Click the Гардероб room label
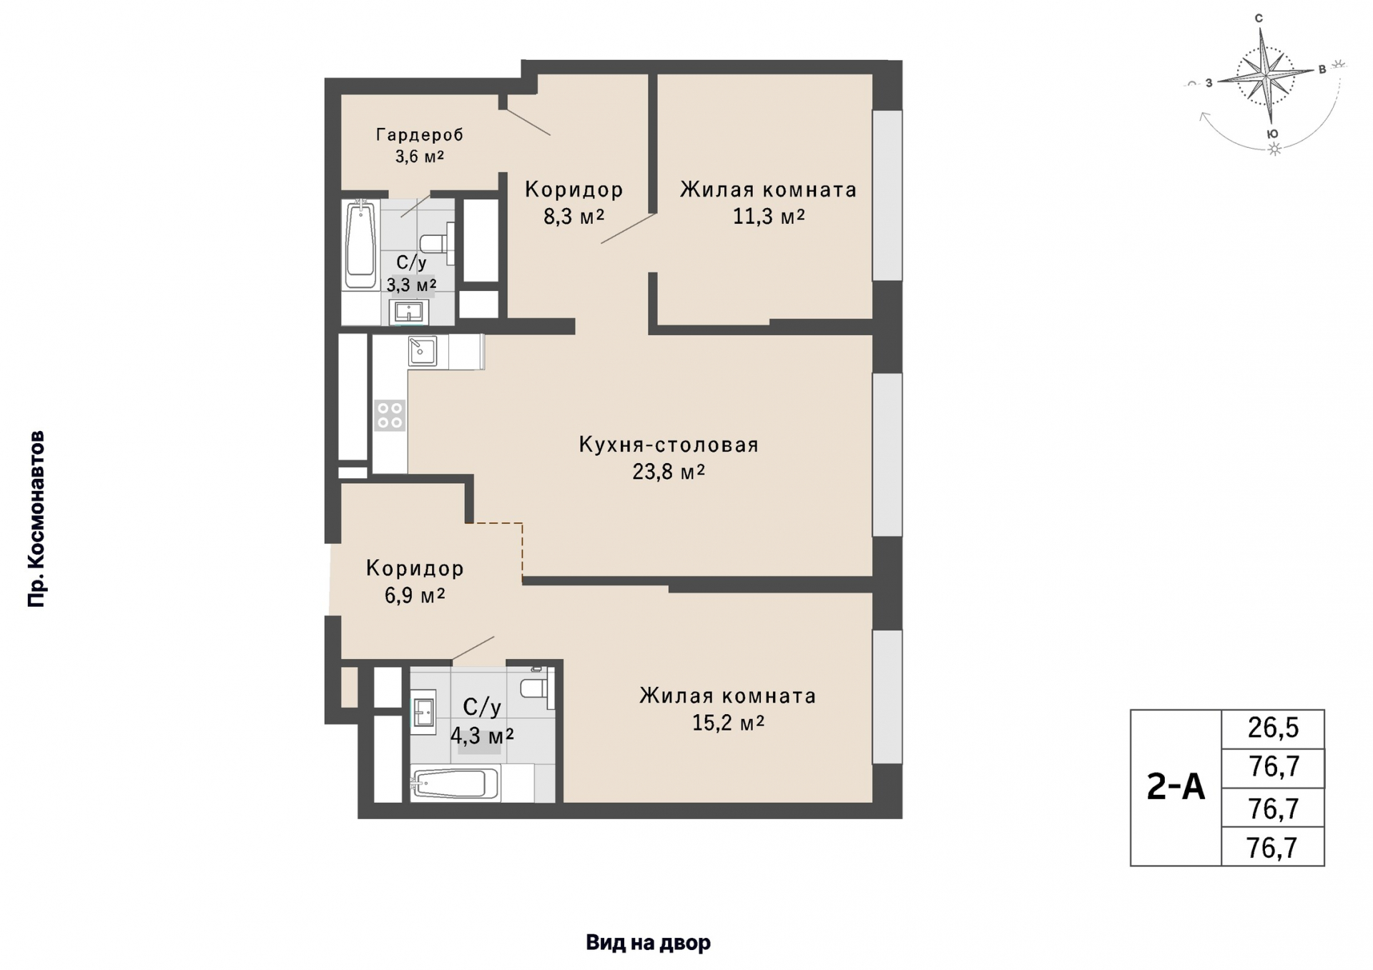pos(420,134)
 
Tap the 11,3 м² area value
pos(769,216)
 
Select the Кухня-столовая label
pos(669,445)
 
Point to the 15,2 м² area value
pos(728,723)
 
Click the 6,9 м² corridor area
pos(415,595)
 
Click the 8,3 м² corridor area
pos(574,216)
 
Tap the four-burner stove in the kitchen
pos(390,416)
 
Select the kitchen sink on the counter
pos(422,351)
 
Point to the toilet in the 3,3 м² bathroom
pos(437,241)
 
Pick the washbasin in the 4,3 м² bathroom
pos(423,713)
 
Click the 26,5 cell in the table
pos(1273,728)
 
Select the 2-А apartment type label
pos(1176,787)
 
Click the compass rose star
pos(1266,74)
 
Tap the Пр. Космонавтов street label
pos(36,519)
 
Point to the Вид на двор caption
pos(648,943)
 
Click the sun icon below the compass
pos(1274,149)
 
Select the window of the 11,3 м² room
pos(887,195)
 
